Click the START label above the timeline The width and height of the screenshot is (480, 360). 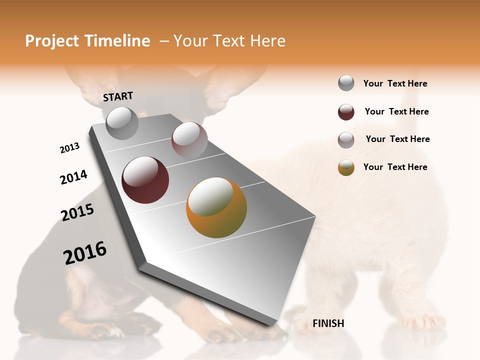[x=118, y=96]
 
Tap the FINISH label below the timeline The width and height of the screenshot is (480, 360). [x=328, y=323]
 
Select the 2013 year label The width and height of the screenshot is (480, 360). [x=69, y=148]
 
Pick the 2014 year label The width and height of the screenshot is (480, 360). [x=73, y=177]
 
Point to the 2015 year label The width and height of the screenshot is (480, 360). [x=77, y=212]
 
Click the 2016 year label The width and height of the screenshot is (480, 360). [x=85, y=252]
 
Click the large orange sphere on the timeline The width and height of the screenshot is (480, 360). [x=216, y=207]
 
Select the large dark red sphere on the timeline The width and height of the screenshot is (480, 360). [x=145, y=180]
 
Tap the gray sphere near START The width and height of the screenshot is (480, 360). [x=122, y=123]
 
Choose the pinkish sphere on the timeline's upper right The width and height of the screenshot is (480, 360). [x=189, y=139]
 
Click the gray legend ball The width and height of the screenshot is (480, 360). [x=346, y=83]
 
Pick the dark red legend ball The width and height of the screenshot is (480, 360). [x=346, y=112]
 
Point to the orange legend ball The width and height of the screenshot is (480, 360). [x=346, y=167]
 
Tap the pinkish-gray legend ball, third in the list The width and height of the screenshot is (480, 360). [x=346, y=140]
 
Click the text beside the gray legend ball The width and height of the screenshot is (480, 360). [x=395, y=83]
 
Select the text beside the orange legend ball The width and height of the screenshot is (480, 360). [x=395, y=167]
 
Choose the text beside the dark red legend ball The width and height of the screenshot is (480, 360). [x=396, y=111]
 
